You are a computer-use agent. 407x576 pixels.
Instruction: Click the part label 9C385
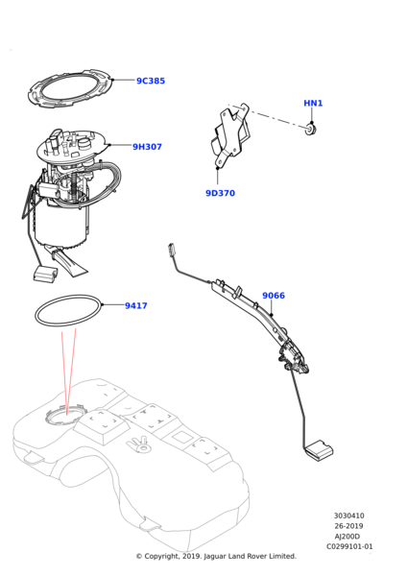click(x=151, y=81)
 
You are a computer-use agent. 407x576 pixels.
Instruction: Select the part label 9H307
click(x=147, y=147)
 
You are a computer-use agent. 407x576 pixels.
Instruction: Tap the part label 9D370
click(x=220, y=193)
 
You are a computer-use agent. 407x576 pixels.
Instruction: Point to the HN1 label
click(x=313, y=104)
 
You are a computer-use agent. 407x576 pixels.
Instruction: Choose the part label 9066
click(x=274, y=296)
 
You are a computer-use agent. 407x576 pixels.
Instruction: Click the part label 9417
click(x=136, y=305)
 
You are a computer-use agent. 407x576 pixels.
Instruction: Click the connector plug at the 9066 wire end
click(x=172, y=250)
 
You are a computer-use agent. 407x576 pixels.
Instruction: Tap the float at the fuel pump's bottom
click(x=45, y=275)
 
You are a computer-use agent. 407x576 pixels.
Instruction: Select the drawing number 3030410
click(x=349, y=516)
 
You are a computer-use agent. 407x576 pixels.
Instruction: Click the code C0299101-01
click(x=349, y=546)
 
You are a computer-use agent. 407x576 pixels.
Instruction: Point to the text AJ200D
click(x=347, y=537)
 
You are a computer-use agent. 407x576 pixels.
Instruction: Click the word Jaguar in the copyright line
click(x=215, y=557)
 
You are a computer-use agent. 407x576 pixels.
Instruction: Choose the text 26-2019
click(x=348, y=526)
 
